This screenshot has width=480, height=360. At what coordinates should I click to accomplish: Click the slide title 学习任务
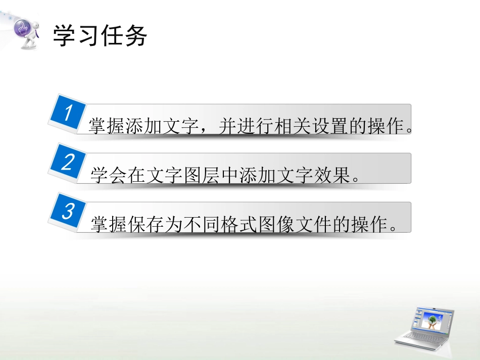click(100, 36)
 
